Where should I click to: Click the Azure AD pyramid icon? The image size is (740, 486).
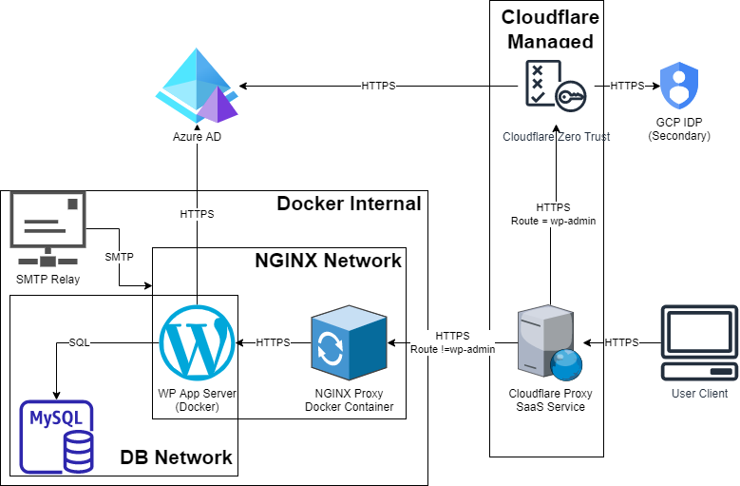click(197, 85)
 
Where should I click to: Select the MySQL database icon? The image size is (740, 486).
click(57, 436)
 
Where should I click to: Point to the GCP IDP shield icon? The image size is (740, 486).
click(678, 86)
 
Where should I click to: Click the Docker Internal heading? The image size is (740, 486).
click(349, 203)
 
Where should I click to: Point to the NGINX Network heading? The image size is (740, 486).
click(329, 260)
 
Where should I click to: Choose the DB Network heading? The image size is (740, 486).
click(176, 457)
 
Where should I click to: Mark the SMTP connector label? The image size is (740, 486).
click(119, 257)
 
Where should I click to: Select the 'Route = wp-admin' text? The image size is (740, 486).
click(553, 220)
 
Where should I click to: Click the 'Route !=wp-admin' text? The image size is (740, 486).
click(452, 349)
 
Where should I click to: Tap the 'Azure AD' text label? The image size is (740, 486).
click(197, 137)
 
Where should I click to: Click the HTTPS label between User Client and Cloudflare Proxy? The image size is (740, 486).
click(621, 342)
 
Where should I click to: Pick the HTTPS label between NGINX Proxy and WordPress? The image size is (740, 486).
click(273, 342)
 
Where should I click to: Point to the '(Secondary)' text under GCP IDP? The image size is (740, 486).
click(678, 136)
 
